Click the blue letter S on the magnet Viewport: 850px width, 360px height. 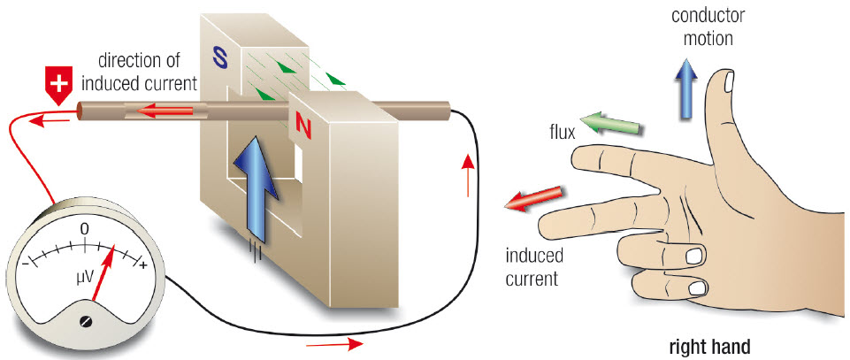pyautogui.click(x=221, y=57)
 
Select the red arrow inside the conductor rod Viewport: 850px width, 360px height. pyautogui.click(x=165, y=111)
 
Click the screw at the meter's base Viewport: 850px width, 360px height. pyautogui.click(x=85, y=321)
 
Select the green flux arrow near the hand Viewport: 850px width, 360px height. pyautogui.click(x=611, y=123)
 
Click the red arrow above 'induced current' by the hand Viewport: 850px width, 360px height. pyautogui.click(x=532, y=198)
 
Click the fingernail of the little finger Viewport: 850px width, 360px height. pyautogui.click(x=698, y=287)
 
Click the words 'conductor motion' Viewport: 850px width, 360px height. pyautogui.click(x=708, y=27)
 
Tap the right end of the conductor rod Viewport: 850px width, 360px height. pyautogui.click(x=448, y=111)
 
